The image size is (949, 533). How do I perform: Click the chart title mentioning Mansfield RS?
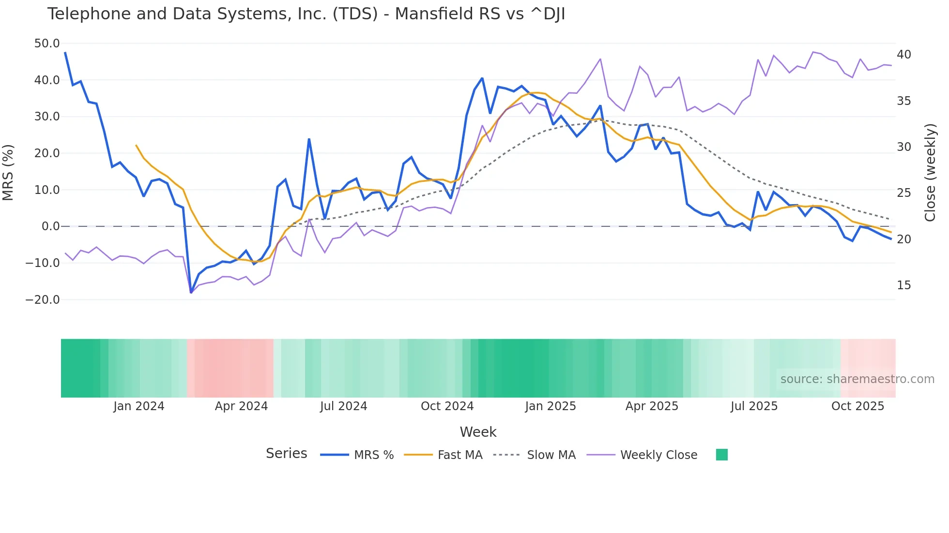(x=306, y=14)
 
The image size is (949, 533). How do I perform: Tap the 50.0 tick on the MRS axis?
(x=47, y=44)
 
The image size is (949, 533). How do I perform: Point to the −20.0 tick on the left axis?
(x=43, y=300)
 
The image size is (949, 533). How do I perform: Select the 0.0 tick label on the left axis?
(x=51, y=226)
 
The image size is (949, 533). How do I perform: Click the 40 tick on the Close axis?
(x=904, y=55)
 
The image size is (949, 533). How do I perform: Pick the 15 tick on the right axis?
(x=904, y=285)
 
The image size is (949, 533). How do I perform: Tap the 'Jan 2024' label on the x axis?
(x=139, y=406)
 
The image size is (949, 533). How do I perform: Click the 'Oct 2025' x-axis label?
(x=857, y=406)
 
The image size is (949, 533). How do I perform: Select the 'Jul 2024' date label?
(x=343, y=406)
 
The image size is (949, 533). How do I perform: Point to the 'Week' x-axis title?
(x=478, y=432)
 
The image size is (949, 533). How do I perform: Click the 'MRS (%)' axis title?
(x=8, y=172)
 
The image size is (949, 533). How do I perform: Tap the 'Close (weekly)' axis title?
(x=930, y=172)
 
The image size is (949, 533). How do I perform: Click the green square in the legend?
(x=721, y=455)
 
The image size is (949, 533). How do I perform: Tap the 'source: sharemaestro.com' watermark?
(x=857, y=379)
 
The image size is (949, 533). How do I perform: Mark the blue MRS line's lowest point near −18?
(x=191, y=293)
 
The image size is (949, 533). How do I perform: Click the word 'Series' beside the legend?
(x=286, y=454)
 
